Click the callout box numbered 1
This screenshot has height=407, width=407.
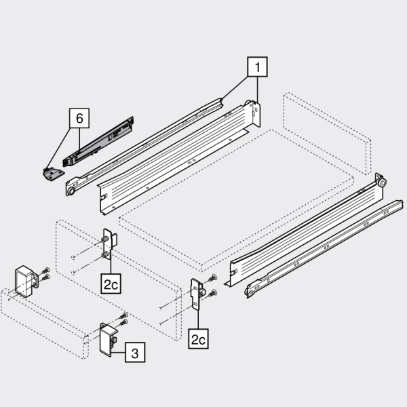[257, 67]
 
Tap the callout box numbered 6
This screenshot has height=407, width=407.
[79, 118]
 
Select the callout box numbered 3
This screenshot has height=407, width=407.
[135, 352]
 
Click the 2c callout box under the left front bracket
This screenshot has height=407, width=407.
[111, 284]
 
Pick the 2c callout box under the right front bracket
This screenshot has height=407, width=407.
[198, 338]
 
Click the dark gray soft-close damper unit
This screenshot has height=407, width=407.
[98, 142]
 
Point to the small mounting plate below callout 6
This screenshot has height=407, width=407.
[53, 174]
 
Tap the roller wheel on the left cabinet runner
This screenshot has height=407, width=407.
[71, 191]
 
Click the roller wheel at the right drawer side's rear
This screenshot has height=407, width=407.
[382, 182]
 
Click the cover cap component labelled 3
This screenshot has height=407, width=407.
[109, 340]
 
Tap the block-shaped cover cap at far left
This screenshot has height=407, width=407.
[26, 281]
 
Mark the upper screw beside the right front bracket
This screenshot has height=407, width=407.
[213, 278]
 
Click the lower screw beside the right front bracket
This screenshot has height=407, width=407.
[213, 293]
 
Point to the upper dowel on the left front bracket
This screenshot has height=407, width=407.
[105, 239]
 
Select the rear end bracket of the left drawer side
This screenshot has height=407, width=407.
[255, 113]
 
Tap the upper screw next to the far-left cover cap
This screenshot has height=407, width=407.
[45, 271]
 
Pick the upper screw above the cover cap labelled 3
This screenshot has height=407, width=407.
[123, 316]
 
